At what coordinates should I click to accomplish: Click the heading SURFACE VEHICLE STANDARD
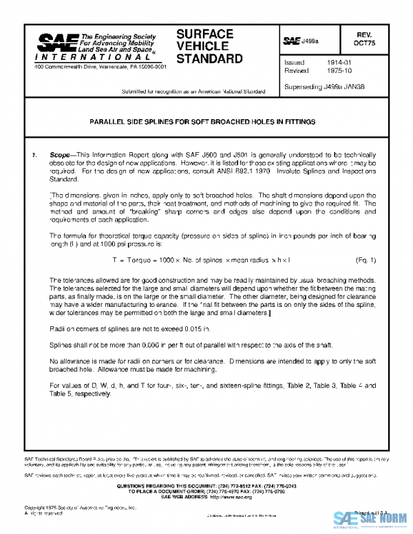pyautogui.click(x=209, y=46)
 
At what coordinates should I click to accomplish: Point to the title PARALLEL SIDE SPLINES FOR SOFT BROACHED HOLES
pyautogui.click(x=203, y=121)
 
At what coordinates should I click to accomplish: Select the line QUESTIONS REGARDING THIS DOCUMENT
pyautogui.click(x=206, y=486)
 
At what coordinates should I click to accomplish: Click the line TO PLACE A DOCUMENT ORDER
pyautogui.click(x=206, y=491)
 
